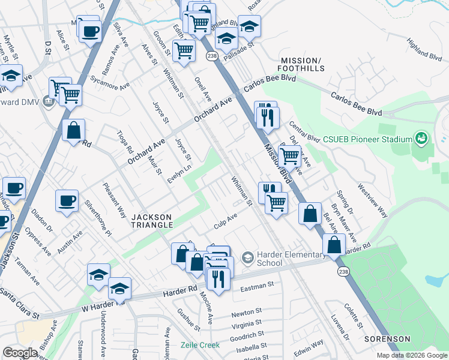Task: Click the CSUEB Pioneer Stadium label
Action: [x=367, y=140]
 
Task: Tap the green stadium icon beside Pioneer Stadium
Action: [x=422, y=139]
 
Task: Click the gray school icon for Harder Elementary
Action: [x=247, y=258]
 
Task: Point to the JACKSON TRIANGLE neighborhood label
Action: [x=152, y=220]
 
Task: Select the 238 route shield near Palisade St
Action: [x=211, y=56]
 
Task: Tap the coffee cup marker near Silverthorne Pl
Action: [x=67, y=200]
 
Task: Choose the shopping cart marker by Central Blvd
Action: [x=290, y=156]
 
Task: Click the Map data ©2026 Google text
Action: [x=412, y=355]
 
